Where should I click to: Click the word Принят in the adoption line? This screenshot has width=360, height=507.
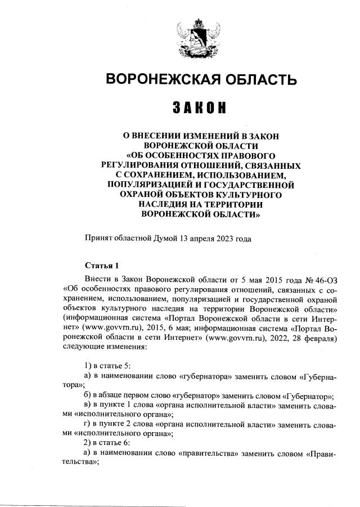coord(97,238)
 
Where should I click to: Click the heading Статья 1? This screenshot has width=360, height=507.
coord(102,266)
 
